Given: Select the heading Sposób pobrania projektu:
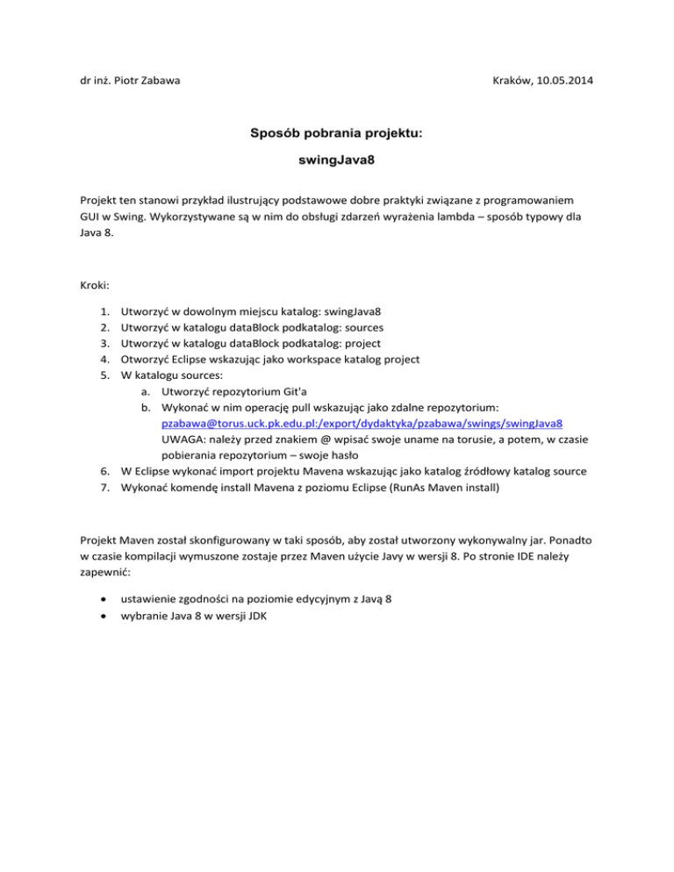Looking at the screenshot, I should [336, 136].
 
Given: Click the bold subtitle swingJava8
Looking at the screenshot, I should [337, 163].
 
